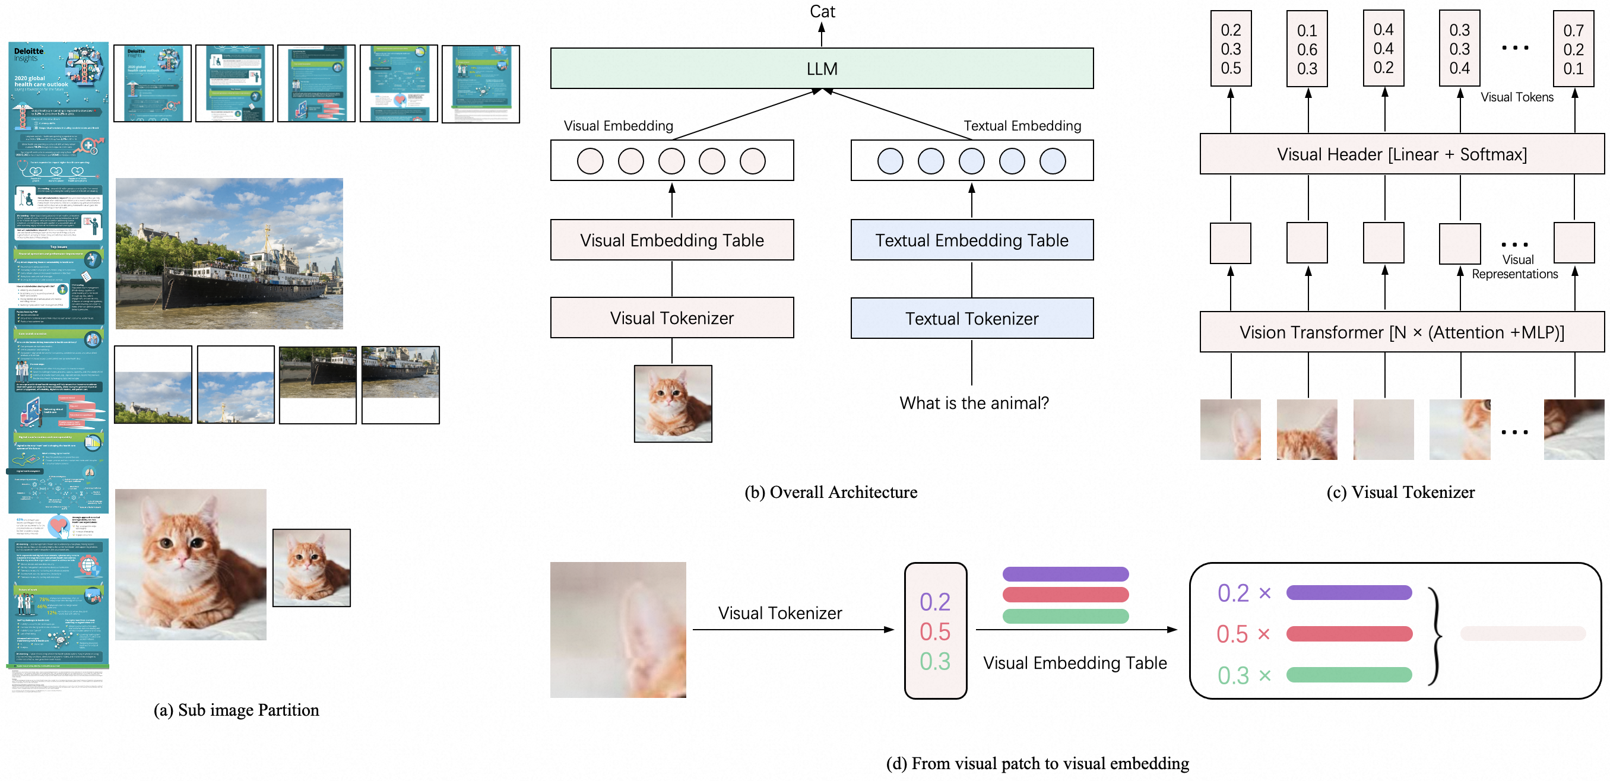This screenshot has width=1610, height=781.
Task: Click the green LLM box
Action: (x=821, y=69)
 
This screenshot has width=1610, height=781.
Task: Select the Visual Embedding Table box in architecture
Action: (x=672, y=240)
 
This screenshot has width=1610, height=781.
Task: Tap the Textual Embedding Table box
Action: (x=972, y=240)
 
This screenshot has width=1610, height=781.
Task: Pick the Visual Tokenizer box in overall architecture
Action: (x=672, y=318)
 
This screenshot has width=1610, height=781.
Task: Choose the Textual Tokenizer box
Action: (x=972, y=319)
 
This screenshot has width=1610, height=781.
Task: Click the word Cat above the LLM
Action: (x=822, y=11)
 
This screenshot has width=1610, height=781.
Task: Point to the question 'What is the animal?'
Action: (x=974, y=403)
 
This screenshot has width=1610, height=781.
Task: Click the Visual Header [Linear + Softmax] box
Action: (x=1401, y=154)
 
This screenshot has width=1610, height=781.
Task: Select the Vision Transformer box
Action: (x=1401, y=332)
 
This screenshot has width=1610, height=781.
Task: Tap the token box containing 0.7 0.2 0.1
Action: (x=1573, y=49)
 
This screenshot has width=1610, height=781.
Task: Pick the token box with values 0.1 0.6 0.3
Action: (x=1307, y=49)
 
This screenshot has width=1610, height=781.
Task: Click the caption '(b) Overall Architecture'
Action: (x=831, y=493)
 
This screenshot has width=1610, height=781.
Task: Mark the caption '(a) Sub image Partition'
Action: (x=236, y=710)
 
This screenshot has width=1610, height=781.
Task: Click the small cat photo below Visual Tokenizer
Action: (x=673, y=404)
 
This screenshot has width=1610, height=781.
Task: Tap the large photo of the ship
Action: (x=229, y=253)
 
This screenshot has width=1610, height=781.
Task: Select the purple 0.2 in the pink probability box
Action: (x=935, y=602)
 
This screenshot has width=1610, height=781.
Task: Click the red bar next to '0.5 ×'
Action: (x=1349, y=634)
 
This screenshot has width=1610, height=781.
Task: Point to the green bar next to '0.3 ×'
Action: (x=1349, y=675)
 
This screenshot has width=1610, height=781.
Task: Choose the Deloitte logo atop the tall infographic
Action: (x=28, y=52)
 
